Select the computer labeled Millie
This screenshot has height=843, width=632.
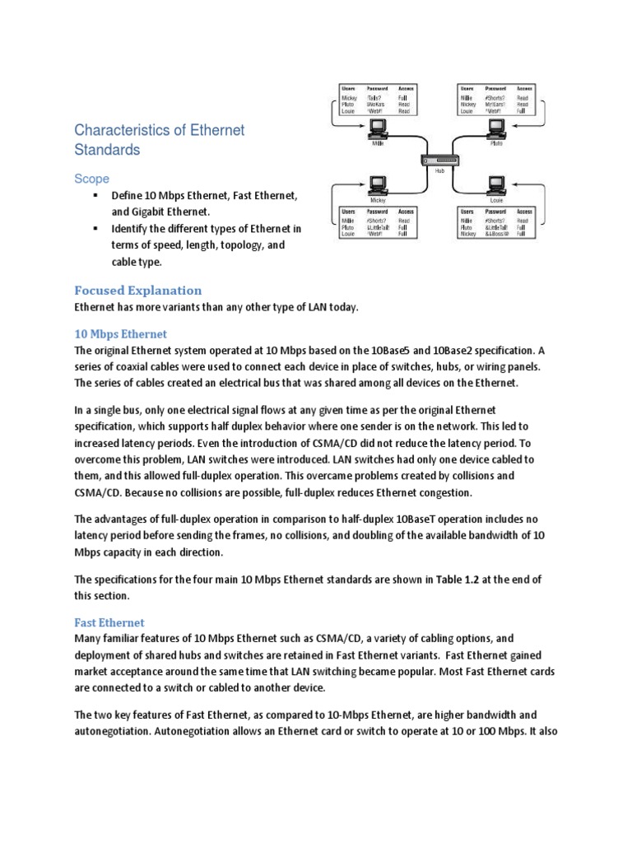[379, 127]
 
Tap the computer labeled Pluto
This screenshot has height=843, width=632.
[496, 127]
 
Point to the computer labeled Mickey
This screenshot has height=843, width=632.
[379, 185]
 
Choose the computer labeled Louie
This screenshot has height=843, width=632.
[496, 185]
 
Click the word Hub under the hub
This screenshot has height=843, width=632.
[439, 172]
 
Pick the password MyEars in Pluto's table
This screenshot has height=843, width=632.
[495, 105]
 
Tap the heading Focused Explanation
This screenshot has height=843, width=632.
[137, 290]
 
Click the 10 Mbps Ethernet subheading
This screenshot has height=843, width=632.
[120, 333]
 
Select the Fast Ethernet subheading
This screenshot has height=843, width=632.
[109, 622]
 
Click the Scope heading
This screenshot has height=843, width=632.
[91, 179]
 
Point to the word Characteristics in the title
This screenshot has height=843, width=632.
[119, 130]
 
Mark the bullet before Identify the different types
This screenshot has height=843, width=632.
[95, 228]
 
